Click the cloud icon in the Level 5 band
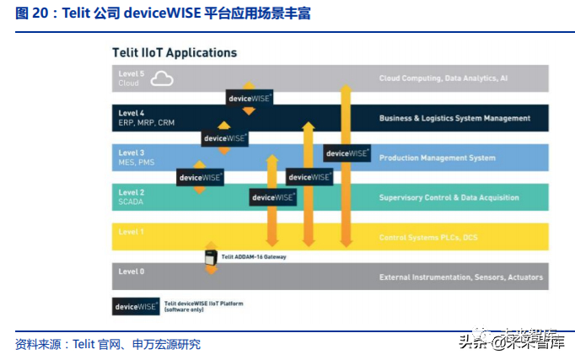pyautogui.click(x=161, y=79)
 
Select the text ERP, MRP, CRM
pyautogui.click(x=146, y=123)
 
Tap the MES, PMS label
pyautogui.click(x=137, y=162)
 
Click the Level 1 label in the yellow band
pyautogui.click(x=132, y=231)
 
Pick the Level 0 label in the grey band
pyautogui.click(x=132, y=271)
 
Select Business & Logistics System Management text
pyautogui.click(x=454, y=118)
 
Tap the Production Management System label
pyautogui.click(x=437, y=158)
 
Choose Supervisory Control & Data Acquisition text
pyautogui.click(x=449, y=197)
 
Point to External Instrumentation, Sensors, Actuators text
pyautogui.click(x=460, y=277)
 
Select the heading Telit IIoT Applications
pyautogui.click(x=175, y=52)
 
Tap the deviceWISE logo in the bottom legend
pyautogui.click(x=136, y=307)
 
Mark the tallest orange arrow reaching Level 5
pyautogui.click(x=344, y=160)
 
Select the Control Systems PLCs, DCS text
pyautogui.click(x=428, y=237)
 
